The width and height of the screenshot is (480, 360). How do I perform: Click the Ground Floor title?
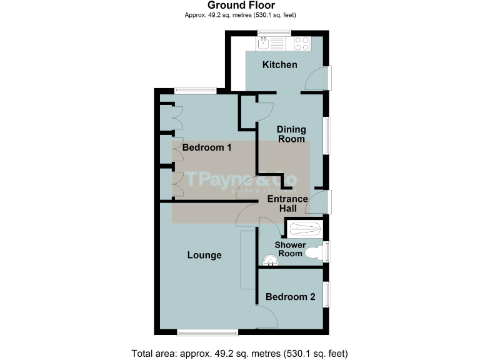(x=241, y=6)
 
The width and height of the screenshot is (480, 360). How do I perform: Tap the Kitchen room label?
(x=279, y=65)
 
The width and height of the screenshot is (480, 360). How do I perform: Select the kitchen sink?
(x=264, y=44)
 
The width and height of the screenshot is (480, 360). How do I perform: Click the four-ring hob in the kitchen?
(x=301, y=44)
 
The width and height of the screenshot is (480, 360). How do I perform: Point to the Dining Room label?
(x=291, y=134)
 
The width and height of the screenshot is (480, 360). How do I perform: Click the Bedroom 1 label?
(x=207, y=148)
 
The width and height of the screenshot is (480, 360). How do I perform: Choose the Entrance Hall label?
(x=287, y=203)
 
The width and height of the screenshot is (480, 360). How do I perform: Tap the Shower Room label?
(x=290, y=249)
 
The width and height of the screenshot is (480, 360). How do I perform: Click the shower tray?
(x=304, y=228)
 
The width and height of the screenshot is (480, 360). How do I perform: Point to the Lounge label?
(x=205, y=255)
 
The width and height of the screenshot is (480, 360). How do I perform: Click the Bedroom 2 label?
(x=290, y=297)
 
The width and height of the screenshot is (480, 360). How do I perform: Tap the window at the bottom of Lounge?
(x=207, y=331)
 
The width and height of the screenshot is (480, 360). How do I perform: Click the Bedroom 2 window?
(x=326, y=294)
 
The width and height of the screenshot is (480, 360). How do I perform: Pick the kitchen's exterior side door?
(x=327, y=77)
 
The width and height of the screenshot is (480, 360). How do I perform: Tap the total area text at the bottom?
(x=239, y=352)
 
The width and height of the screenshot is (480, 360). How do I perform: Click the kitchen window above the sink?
(x=274, y=32)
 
